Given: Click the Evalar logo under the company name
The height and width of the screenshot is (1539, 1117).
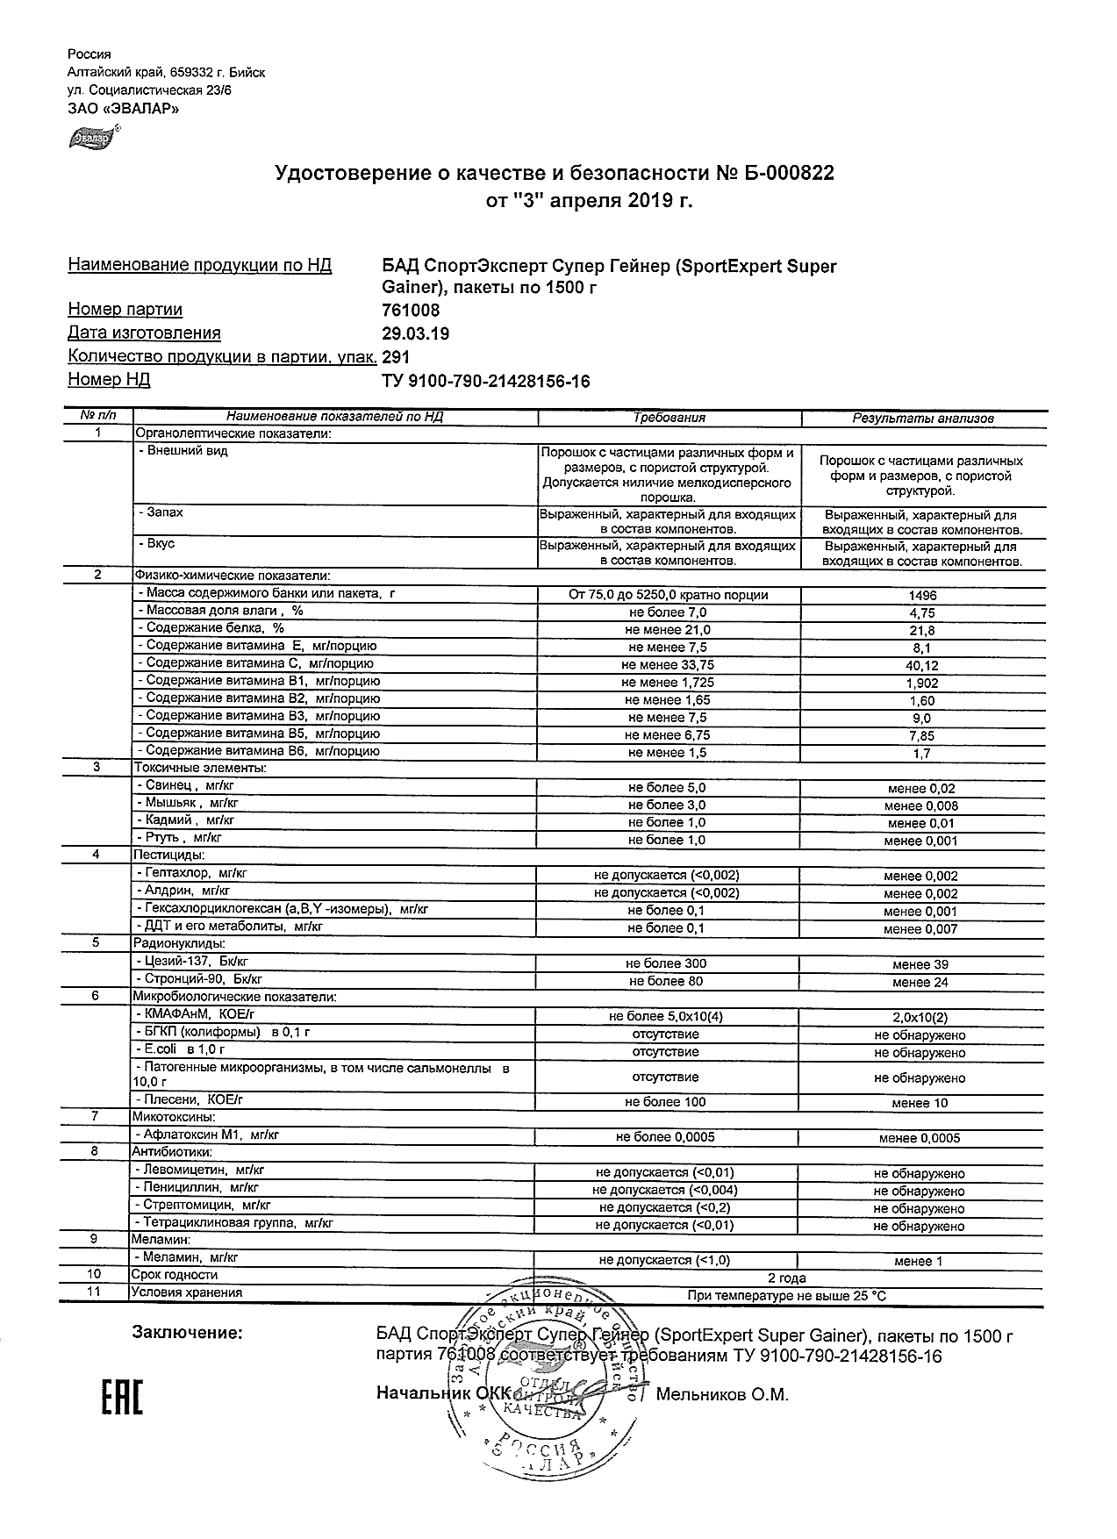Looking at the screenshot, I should click(92, 137).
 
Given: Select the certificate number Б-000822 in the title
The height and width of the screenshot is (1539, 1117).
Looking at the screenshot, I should click(789, 174).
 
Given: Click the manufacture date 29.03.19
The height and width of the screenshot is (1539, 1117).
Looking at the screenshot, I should click(416, 333).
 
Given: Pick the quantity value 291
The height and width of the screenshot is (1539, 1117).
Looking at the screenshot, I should click(397, 357).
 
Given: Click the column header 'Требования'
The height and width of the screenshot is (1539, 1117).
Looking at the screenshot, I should click(669, 419).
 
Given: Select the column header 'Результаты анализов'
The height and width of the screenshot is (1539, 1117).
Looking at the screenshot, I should click(923, 419).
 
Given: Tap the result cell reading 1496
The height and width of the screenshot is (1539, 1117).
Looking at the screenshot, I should click(922, 596).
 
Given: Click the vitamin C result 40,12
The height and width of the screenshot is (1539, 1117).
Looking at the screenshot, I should click(921, 666).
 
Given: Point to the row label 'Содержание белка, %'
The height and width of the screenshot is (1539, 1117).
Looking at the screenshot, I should click(215, 628).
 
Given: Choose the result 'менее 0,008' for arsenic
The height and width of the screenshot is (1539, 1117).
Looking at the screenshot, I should click(921, 805).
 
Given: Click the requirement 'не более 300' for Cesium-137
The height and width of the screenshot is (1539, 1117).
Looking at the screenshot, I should click(667, 963).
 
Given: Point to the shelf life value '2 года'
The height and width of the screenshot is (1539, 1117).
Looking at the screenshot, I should click(786, 1278).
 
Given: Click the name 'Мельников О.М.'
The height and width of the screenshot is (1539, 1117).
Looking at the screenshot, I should click(722, 1394).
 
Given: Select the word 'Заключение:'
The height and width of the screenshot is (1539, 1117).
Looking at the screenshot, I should click(187, 1334).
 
